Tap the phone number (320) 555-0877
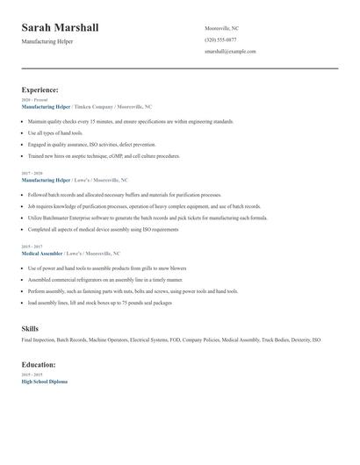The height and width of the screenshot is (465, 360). tap(220, 40)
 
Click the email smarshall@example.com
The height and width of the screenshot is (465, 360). tap(230, 52)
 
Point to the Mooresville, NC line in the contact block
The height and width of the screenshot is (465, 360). tap(221, 29)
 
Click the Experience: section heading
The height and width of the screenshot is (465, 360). tap(40, 89)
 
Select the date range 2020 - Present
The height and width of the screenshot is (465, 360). tap(34, 100)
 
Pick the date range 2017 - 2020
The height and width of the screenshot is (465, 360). tap(33, 173)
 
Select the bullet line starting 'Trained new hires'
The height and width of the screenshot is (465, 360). tap(104, 155)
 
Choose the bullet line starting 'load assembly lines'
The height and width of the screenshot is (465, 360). tap(99, 302)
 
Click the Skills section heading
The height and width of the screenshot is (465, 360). tap(30, 328)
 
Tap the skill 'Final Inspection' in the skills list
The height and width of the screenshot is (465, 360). tap(38, 340)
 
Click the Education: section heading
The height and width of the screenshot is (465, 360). tap(39, 364)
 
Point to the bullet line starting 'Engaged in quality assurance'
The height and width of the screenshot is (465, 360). tap(91, 144)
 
